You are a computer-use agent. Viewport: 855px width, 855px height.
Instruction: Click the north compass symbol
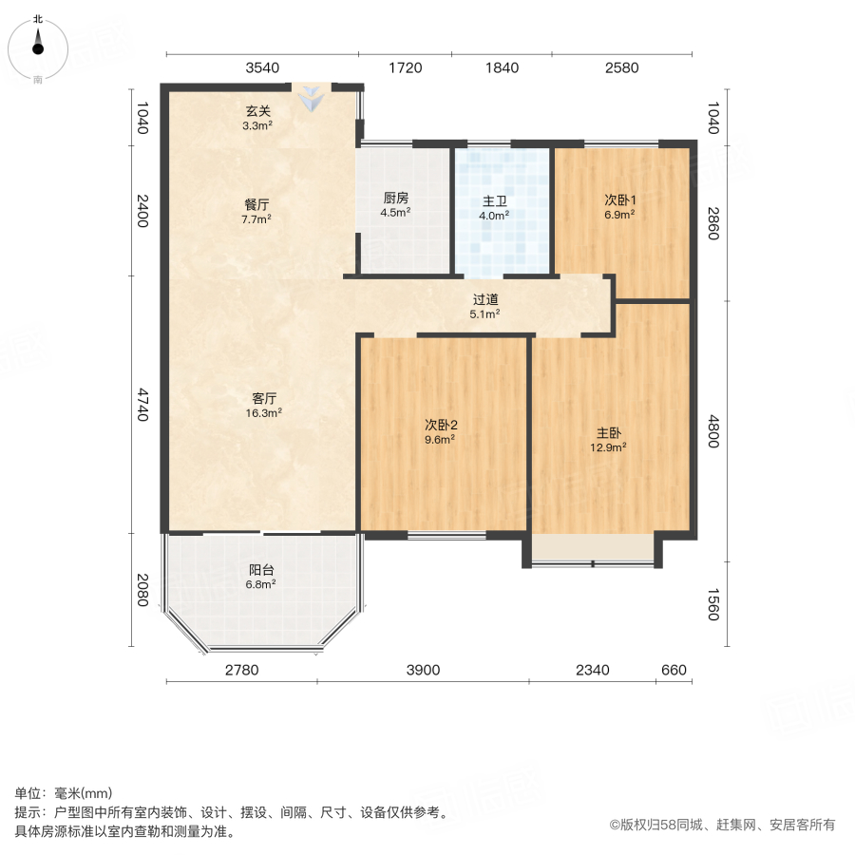coord(38,45)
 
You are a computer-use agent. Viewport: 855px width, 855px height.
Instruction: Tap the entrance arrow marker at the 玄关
coord(311,97)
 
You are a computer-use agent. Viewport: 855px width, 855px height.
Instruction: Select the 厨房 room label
coord(395,199)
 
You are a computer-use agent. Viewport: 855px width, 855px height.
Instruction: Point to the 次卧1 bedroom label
coord(619,200)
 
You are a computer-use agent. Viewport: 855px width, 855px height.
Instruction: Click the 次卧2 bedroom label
coord(439,425)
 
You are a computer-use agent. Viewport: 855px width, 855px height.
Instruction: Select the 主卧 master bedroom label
coord(610,432)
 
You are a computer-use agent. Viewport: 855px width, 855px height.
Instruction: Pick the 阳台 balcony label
coord(261,570)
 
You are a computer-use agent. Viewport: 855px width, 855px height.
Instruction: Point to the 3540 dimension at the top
coord(262,67)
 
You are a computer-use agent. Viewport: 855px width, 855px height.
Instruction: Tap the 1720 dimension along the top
coord(406,67)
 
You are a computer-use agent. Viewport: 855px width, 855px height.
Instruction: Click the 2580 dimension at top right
coord(622,67)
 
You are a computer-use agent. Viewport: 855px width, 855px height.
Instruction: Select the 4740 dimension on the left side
coord(140,404)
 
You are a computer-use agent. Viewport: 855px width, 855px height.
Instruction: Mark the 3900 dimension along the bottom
coord(424,671)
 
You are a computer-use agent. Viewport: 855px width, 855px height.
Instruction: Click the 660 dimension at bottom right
coord(673,671)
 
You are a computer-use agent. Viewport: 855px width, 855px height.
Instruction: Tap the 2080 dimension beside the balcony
coord(140,590)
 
